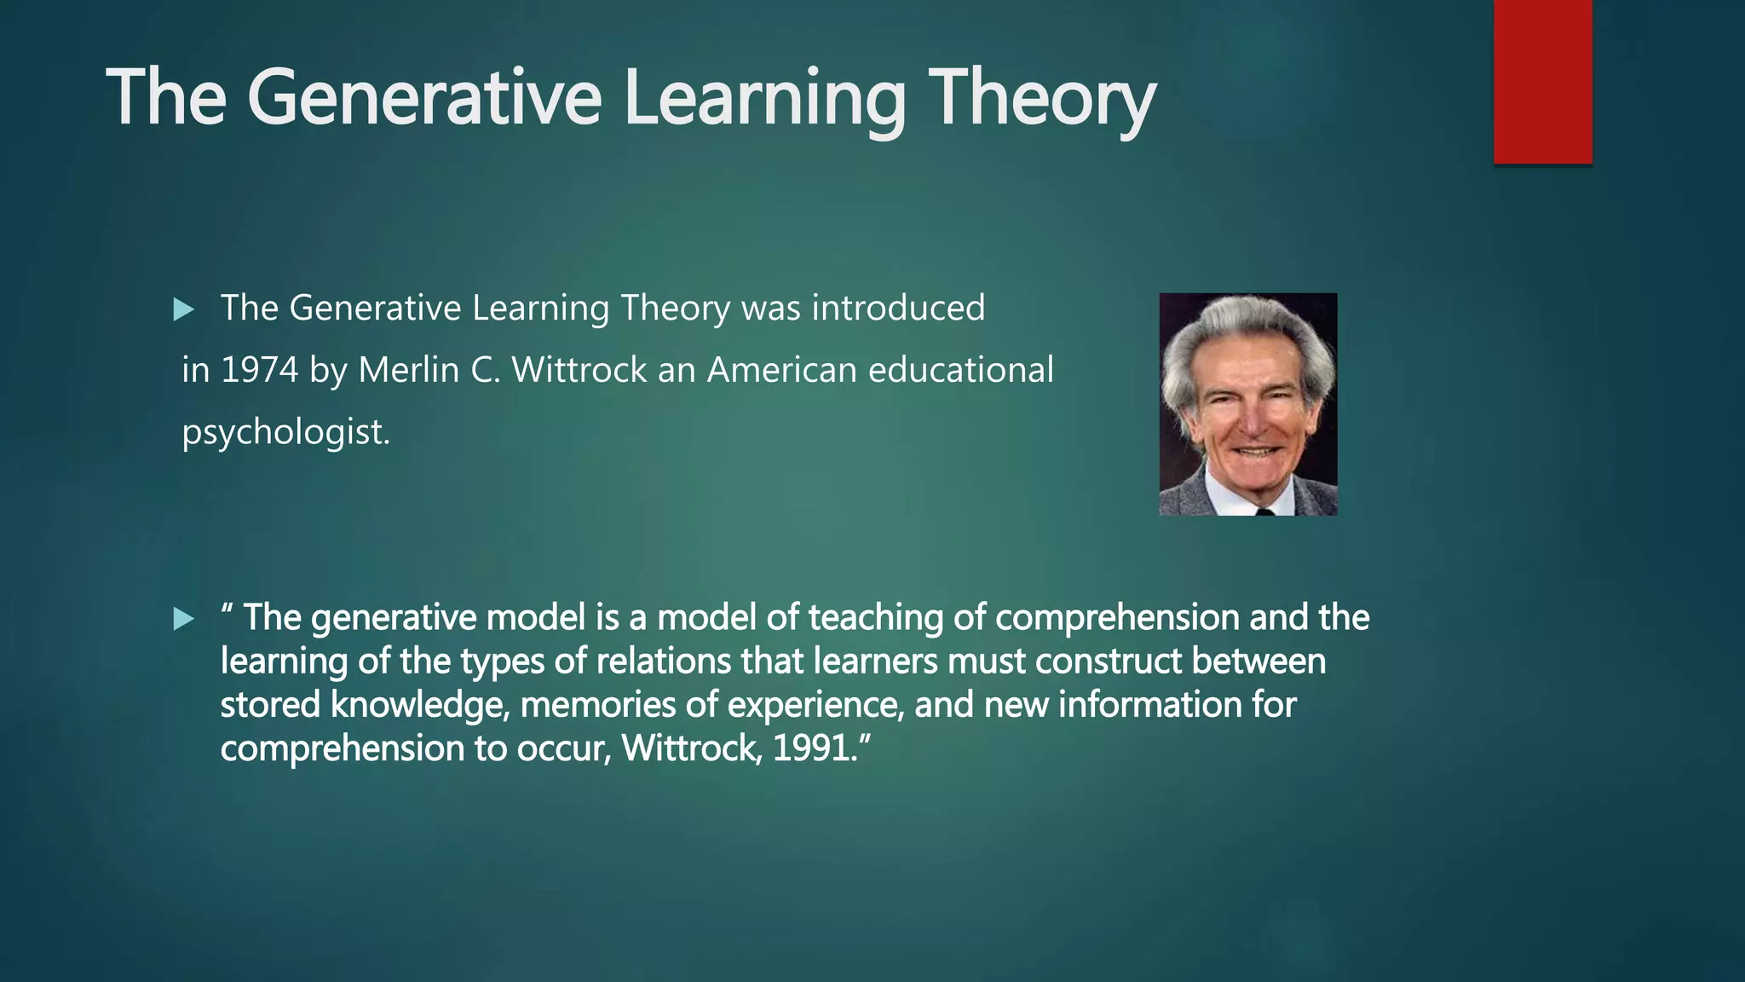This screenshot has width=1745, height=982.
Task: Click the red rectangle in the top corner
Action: [1542, 81]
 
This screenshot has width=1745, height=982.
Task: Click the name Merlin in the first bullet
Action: [408, 370]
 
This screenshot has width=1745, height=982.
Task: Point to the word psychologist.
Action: [285, 432]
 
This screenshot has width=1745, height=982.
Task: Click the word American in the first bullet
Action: [781, 370]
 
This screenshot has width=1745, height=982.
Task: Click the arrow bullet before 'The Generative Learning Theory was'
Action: [183, 309]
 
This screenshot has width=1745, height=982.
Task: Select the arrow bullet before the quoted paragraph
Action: [183, 619]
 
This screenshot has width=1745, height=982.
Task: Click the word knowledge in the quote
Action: [418, 706]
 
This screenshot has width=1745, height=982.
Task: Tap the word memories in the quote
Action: [590, 705]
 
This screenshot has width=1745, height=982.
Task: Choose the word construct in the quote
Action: [1108, 661]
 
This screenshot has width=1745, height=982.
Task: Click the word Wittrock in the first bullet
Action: [579, 370]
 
